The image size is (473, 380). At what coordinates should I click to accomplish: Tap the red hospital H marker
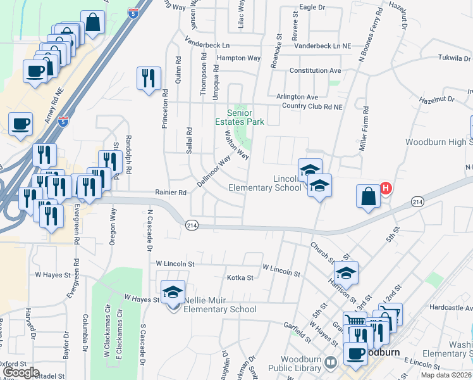pyautogui.click(x=384, y=188)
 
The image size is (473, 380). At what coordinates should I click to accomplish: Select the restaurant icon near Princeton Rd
pyautogui.click(x=149, y=79)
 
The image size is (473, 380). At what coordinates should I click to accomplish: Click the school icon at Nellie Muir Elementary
pyautogui.click(x=173, y=293)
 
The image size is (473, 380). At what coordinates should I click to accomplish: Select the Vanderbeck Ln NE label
pyautogui.click(x=322, y=46)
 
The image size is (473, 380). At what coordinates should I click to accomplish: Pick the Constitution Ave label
pyautogui.click(x=315, y=70)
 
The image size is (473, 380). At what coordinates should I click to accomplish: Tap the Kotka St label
pyautogui.click(x=240, y=277)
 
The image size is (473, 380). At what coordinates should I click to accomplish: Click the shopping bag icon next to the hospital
pyautogui.click(x=368, y=196)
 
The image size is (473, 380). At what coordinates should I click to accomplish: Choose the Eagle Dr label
pyautogui.click(x=312, y=7)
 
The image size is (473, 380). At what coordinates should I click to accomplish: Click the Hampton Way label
pyautogui.click(x=238, y=58)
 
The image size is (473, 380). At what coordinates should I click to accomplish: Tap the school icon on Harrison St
pyautogui.click(x=346, y=273)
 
